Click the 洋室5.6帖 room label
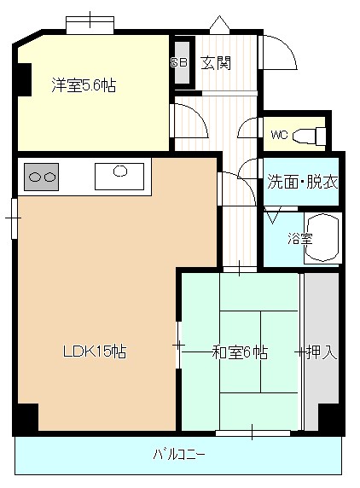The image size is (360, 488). [84, 85]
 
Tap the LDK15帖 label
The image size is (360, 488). [95, 351]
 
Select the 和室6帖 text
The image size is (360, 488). [240, 352]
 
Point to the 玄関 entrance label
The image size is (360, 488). [216, 63]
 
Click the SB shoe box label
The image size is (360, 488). [178, 62]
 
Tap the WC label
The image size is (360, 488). [279, 135]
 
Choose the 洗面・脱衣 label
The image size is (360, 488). [303, 182]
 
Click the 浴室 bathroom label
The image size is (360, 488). [300, 239]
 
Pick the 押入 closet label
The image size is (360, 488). [322, 352]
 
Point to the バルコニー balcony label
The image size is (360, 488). [179, 455]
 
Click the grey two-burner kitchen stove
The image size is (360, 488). [42, 177]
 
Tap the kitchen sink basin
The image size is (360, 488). [119, 177]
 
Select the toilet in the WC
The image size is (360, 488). [310, 136]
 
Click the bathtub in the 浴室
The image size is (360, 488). [322, 239]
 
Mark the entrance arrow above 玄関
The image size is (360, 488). [219, 24]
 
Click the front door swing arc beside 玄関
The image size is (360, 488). [287, 47]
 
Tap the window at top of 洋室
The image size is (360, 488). [90, 25]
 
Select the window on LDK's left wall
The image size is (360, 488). [14, 218]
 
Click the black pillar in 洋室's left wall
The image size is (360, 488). [24, 79]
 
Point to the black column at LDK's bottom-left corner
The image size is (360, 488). [27, 417]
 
